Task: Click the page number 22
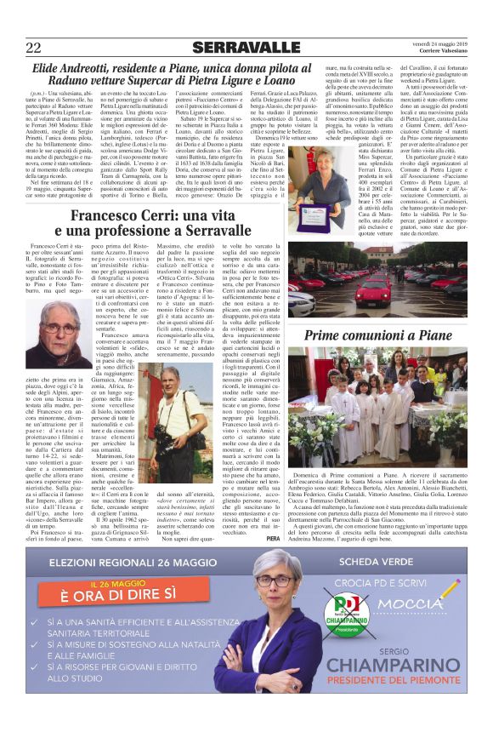[x=34, y=46]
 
